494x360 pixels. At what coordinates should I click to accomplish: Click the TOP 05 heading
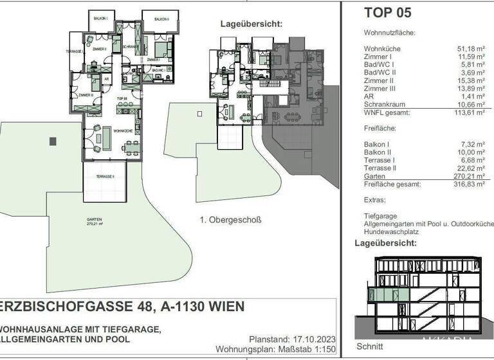tap(387, 12)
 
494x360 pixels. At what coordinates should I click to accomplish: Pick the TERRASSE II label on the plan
tap(105, 176)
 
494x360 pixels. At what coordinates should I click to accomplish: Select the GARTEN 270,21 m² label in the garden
tap(94, 221)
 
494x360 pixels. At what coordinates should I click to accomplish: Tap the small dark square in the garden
tap(53, 141)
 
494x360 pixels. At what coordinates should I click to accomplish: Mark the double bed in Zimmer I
tap(161, 48)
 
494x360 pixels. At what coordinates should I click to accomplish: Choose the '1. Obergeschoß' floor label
tap(230, 220)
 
